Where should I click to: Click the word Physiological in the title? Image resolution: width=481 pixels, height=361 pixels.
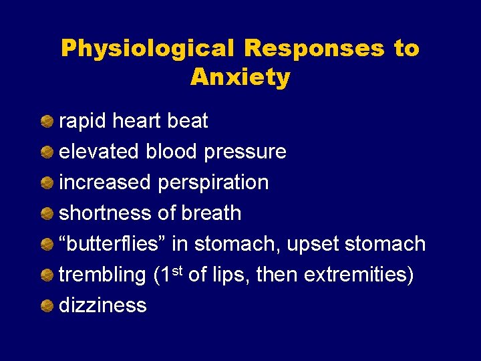[x=147, y=49]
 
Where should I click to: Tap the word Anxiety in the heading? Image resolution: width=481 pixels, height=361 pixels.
[x=240, y=78]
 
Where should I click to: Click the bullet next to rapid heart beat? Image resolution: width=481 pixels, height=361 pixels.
[x=47, y=122]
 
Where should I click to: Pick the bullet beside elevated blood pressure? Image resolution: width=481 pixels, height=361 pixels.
[x=47, y=152]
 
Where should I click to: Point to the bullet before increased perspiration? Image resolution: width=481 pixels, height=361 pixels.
[x=47, y=183]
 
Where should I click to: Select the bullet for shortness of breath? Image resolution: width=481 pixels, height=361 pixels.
[x=47, y=214]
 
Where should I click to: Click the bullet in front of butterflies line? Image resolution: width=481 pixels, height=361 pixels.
[x=47, y=245]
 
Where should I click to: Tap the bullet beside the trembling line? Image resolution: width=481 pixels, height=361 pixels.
[x=47, y=275]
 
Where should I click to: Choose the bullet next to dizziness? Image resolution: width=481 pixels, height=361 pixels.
[x=47, y=306]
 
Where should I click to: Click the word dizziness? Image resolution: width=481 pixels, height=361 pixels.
[x=103, y=306]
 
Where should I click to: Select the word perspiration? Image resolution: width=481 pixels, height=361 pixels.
[x=213, y=183]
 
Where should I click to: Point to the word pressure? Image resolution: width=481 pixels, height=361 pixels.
[x=245, y=152]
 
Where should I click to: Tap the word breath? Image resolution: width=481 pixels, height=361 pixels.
[x=210, y=214]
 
